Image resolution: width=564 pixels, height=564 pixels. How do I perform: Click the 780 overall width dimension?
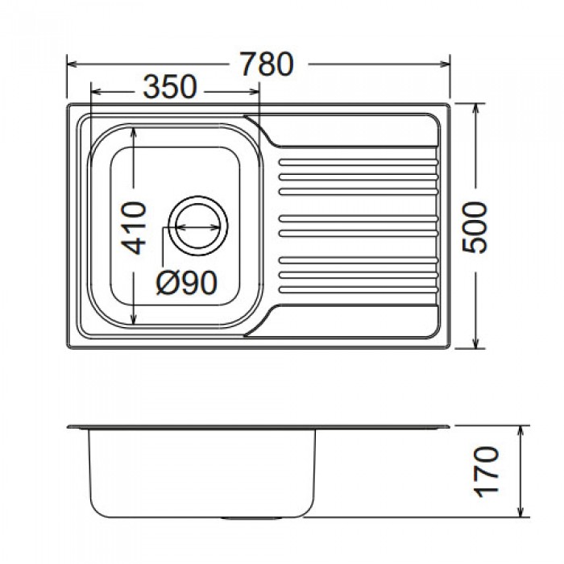point(267,64)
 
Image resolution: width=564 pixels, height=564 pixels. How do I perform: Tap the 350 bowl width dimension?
point(170,87)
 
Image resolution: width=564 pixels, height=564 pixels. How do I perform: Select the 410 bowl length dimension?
point(134,228)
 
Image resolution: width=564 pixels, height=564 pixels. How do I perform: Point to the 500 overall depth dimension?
point(475,228)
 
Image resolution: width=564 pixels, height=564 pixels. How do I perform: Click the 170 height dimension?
point(487,472)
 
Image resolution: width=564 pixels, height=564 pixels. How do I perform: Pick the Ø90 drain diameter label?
point(187,283)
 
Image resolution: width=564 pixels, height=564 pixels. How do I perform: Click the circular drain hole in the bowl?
point(198,226)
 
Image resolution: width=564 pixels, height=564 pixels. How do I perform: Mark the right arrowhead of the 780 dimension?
point(444,64)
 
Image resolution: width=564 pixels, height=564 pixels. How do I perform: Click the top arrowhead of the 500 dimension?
point(476,110)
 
